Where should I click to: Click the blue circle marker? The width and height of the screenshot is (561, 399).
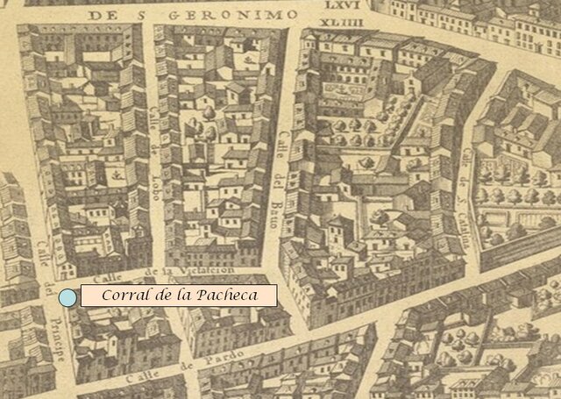click(x=67, y=298)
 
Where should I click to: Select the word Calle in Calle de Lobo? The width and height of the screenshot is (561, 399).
click(x=154, y=120)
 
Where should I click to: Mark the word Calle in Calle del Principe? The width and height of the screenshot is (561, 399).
click(x=43, y=254)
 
